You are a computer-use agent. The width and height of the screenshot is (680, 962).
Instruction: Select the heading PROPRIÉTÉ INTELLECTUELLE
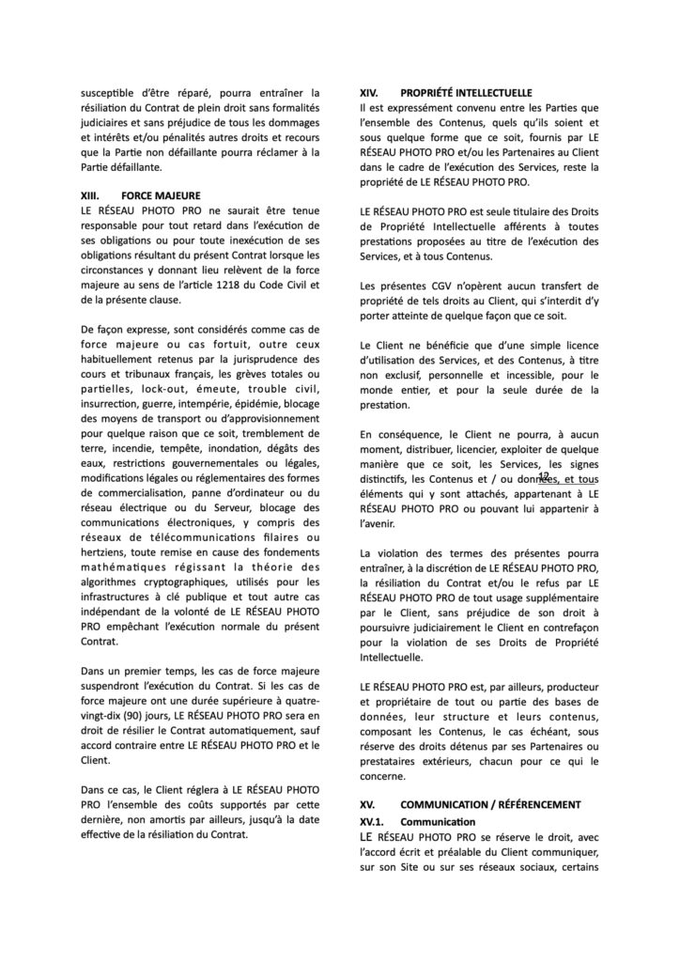[x=466, y=94]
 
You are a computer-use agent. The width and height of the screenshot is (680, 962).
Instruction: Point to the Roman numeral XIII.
[x=92, y=194]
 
